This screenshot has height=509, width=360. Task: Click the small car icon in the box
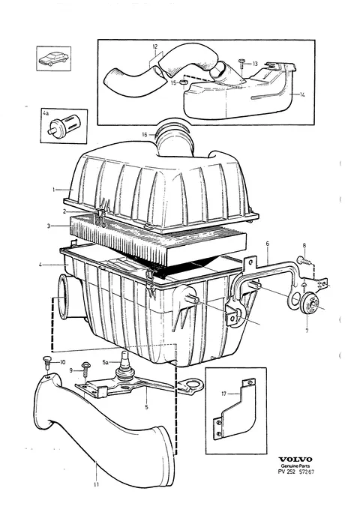click(x=53, y=58)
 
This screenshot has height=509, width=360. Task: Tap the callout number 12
click(x=155, y=46)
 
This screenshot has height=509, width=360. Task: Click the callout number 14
click(x=302, y=94)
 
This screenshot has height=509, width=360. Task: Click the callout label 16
click(x=145, y=134)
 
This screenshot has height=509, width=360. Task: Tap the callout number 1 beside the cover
click(x=53, y=189)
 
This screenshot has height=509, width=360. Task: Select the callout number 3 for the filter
click(x=49, y=226)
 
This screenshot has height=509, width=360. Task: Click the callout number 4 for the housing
click(x=40, y=265)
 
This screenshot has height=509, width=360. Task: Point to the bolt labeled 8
click(x=304, y=259)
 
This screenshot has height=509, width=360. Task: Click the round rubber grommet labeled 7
click(x=308, y=304)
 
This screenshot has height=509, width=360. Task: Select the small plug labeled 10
click(x=46, y=361)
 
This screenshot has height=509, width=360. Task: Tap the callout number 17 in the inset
click(x=223, y=394)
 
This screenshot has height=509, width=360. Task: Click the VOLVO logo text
click(x=295, y=459)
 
